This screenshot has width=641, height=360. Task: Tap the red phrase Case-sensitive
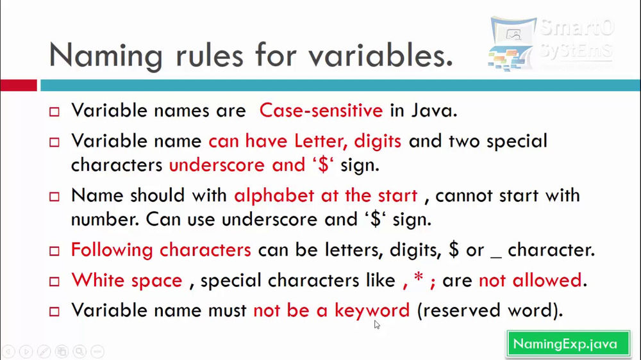click(x=320, y=110)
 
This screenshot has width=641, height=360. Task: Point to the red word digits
click(x=378, y=141)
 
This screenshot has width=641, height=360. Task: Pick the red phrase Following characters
click(x=161, y=250)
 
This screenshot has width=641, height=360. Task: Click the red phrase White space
click(x=127, y=281)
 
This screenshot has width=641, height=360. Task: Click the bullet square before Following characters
click(x=54, y=250)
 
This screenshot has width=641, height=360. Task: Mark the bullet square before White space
click(x=54, y=281)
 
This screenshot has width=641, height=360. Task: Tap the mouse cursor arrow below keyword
click(x=377, y=325)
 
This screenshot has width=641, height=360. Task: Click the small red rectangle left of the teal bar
click(x=19, y=85)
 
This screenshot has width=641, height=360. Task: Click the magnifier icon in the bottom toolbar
click(x=79, y=351)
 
